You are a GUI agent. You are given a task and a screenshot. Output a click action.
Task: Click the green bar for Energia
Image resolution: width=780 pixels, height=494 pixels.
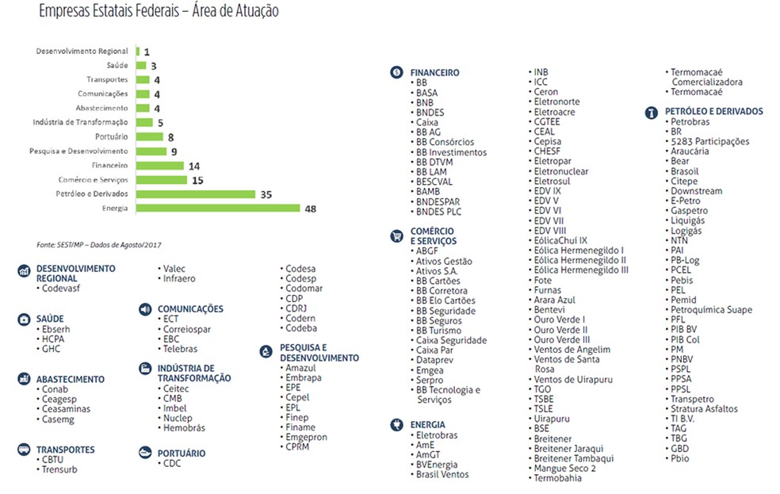click(x=218, y=209)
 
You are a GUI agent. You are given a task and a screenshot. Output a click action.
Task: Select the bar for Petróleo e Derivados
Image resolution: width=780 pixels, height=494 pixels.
click(x=195, y=194)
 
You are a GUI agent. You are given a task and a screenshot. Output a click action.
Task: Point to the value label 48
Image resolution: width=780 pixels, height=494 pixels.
click(x=311, y=209)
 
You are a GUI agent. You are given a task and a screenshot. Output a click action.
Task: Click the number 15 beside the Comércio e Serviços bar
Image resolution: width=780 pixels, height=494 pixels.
click(x=197, y=180)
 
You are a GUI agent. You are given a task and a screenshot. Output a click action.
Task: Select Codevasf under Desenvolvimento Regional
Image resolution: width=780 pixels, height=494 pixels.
click(x=61, y=289)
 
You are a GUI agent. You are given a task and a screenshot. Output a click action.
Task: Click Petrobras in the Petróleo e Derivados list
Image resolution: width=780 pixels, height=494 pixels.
click(x=690, y=122)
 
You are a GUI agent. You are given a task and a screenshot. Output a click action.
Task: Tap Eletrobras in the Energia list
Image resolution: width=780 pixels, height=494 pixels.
click(x=437, y=435)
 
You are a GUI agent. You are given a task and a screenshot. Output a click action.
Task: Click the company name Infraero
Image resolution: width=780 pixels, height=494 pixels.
click(x=179, y=278)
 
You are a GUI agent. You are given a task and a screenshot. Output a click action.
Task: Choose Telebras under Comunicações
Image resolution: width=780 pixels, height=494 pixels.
click(x=180, y=349)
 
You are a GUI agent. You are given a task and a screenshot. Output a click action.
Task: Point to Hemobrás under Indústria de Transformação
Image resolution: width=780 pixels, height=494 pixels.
click(x=184, y=428)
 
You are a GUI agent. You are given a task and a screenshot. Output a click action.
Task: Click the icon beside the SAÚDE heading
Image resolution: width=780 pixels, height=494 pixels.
click(x=23, y=319)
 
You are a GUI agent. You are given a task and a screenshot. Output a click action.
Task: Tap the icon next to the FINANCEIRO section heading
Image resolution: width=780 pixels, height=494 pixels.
click(x=396, y=72)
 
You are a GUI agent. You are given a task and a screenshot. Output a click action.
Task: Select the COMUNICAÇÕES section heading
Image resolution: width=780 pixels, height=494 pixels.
click(x=190, y=308)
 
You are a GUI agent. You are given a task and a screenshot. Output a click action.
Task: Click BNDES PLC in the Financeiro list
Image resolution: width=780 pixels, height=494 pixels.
click(x=438, y=212)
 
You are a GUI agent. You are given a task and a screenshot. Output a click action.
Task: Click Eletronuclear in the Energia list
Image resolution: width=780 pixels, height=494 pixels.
click(x=560, y=171)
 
